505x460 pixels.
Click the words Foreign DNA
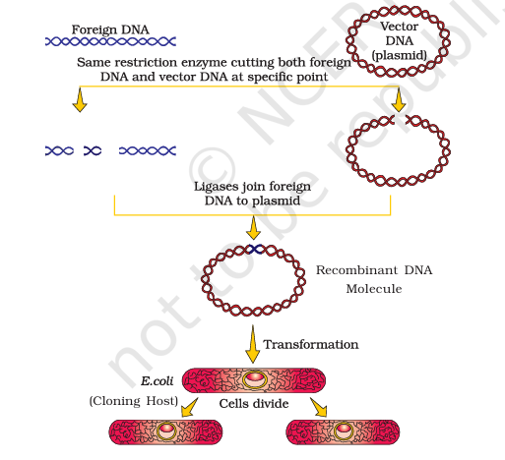110,29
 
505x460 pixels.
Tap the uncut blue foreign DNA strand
110,41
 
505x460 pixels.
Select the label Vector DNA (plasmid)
399,41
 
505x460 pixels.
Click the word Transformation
311,345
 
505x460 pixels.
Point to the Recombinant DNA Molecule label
374,279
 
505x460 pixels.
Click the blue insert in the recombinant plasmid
255,250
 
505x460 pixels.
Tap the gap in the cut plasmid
400,120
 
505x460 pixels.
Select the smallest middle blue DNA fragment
93,150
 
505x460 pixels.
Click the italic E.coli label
157,381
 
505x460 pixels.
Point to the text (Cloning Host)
134,401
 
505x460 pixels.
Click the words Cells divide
254,404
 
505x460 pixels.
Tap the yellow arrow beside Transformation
253,344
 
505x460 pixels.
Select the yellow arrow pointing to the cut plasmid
399,99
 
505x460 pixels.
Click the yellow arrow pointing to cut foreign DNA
80,99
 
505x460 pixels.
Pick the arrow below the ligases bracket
253,228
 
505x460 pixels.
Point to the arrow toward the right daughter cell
319,407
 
